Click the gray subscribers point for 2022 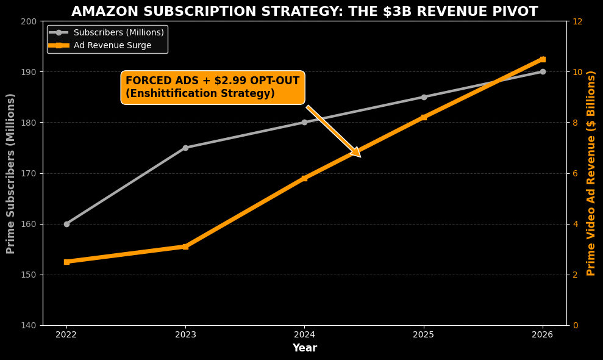[66, 224]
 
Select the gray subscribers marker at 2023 [185, 148]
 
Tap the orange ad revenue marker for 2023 [185, 247]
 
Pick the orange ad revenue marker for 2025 [424, 117]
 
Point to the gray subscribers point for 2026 [543, 71]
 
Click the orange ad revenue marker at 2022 [66, 262]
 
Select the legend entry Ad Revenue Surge [112, 45]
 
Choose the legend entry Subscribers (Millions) [118, 32]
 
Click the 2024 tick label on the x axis [304, 335]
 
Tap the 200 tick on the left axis [29, 21]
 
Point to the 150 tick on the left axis [29, 275]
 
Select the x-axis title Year [304, 348]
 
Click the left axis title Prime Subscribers [11, 173]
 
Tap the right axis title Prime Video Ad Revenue [591, 173]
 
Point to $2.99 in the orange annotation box [231, 81]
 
